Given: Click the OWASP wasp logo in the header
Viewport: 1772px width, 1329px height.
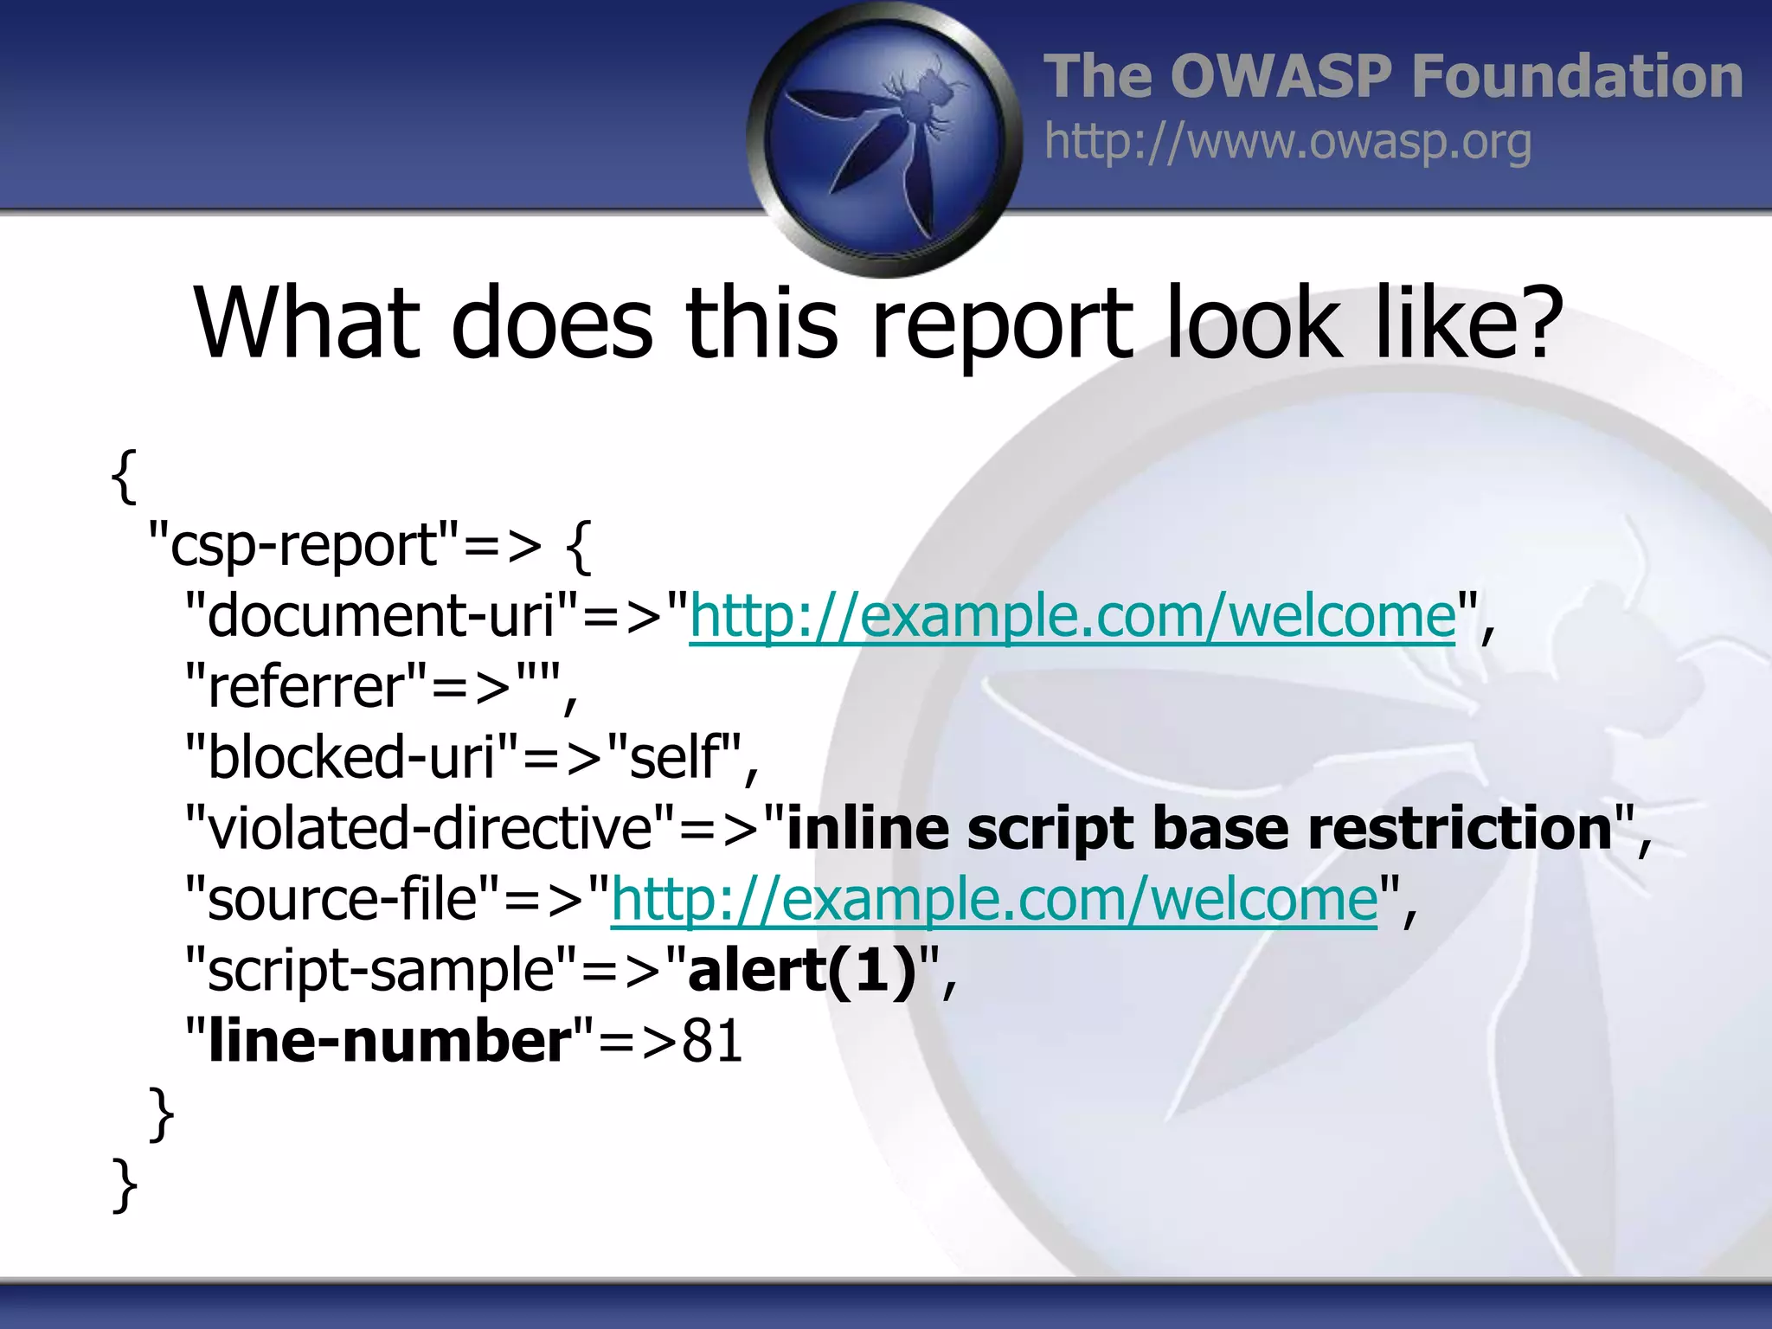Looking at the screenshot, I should pos(884,138).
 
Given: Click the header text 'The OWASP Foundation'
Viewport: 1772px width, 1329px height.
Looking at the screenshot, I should pos(1392,76).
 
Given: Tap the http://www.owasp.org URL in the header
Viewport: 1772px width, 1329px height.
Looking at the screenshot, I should pos(1287,142).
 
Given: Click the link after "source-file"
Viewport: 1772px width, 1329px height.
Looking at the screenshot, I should pos(994,900).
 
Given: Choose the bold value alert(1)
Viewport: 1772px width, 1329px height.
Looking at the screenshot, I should pos(801,970).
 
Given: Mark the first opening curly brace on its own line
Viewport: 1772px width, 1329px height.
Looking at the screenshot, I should pos(125,476).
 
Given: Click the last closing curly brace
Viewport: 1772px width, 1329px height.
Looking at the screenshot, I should pos(125,1185).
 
